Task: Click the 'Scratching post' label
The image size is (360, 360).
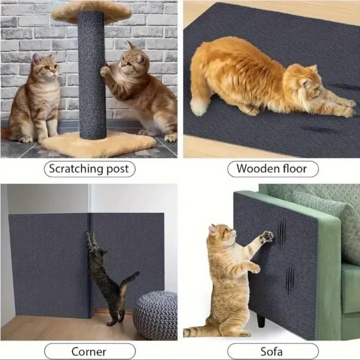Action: point(89,169)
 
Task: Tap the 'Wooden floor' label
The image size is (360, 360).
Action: point(272,169)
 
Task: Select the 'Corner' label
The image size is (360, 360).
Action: point(89,351)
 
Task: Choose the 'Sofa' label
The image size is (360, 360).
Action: point(272,351)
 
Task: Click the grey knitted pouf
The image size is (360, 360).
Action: point(155,315)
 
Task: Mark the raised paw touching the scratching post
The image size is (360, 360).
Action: point(105,71)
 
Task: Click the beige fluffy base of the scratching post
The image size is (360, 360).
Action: point(99,143)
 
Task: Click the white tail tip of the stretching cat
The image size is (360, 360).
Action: point(198,107)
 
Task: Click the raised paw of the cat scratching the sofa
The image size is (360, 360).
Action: point(267,236)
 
